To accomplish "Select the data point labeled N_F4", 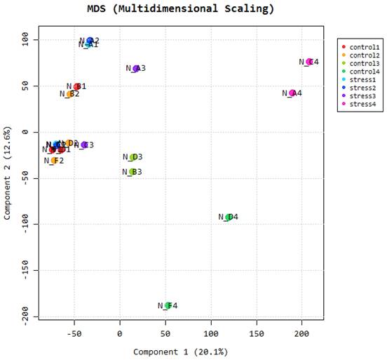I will [168, 305].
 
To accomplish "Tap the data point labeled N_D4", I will [229, 217].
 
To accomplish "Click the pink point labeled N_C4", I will [309, 62].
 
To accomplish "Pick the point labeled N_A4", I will [292, 93].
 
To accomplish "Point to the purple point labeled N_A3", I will [136, 68].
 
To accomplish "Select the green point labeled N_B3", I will [132, 171].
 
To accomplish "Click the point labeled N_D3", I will [133, 157].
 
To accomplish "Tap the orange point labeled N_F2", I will [54, 161].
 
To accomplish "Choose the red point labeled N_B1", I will [77, 87].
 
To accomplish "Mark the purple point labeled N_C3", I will [84, 145].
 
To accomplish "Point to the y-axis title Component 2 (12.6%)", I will [7, 173].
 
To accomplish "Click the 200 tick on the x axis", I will [301, 334].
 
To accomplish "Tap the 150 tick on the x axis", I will [256, 334].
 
